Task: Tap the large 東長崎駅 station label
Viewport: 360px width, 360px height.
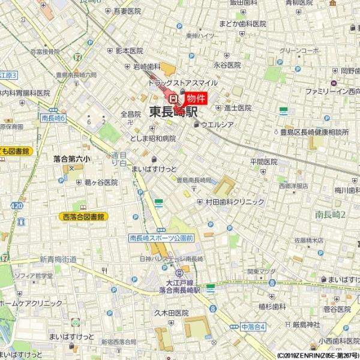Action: tap(173, 112)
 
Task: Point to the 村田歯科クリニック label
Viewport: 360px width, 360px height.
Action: tap(235, 202)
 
